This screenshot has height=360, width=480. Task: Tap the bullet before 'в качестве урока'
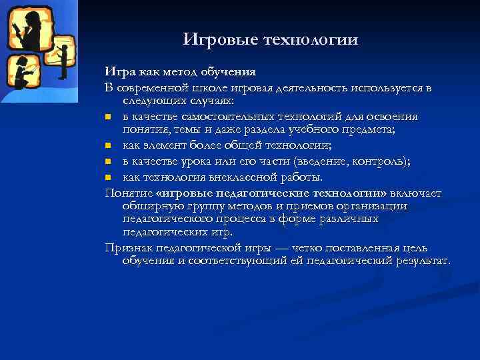[109, 162]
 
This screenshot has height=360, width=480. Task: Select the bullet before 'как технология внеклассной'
[109, 177]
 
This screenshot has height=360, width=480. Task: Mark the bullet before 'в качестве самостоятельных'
[109, 117]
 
